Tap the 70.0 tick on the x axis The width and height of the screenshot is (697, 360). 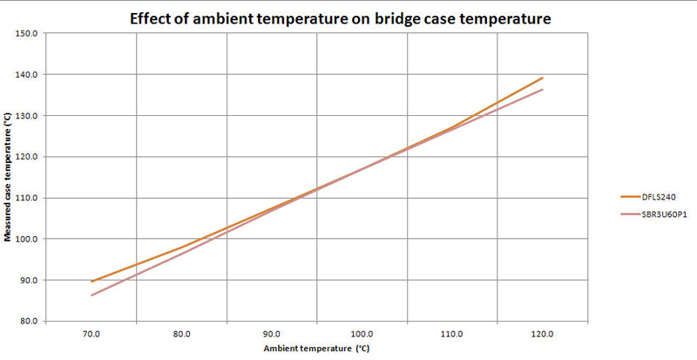pos(91,334)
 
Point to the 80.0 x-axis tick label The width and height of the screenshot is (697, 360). pos(181,334)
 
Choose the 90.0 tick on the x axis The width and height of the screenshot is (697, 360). pos(272,334)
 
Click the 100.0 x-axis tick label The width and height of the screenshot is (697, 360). pos(362,334)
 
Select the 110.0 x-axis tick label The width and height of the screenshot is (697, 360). pos(452,334)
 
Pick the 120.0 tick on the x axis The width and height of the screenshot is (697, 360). pos(542,334)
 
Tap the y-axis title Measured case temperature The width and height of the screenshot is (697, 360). pos(8,178)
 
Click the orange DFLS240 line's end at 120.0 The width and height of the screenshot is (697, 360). pos(542,78)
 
